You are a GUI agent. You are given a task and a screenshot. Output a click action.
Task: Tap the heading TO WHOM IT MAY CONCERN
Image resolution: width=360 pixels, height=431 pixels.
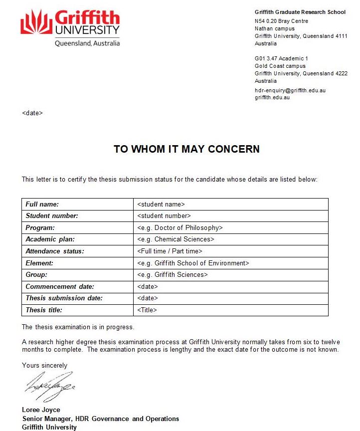pyautogui.click(x=186, y=149)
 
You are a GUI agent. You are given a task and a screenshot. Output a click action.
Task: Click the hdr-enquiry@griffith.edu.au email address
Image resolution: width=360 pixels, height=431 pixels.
pyautogui.click(x=290, y=90)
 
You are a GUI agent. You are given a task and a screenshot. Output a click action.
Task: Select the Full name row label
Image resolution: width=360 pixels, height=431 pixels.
pyautogui.click(x=42, y=204)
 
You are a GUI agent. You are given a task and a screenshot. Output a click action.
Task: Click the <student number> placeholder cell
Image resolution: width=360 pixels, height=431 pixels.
pyautogui.click(x=164, y=216)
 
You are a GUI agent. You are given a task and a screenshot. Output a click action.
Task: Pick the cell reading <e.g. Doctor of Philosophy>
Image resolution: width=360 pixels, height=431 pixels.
pyautogui.click(x=180, y=227)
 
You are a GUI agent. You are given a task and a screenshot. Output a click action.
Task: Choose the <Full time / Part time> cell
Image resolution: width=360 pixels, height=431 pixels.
pyautogui.click(x=170, y=251)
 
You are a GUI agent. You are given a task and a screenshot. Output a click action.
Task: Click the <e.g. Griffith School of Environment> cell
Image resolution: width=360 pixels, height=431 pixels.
pyautogui.click(x=192, y=263)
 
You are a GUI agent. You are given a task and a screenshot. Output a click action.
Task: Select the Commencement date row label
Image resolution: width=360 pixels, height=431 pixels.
pyautogui.click(x=60, y=287)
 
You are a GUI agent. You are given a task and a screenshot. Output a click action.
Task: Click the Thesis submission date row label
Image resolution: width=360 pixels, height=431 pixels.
pyautogui.click(x=64, y=298)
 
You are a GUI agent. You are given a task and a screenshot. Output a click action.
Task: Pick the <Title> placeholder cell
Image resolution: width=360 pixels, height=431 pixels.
pyautogui.click(x=147, y=310)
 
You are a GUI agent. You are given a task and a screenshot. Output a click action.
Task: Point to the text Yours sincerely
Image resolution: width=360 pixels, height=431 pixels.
pyautogui.click(x=44, y=366)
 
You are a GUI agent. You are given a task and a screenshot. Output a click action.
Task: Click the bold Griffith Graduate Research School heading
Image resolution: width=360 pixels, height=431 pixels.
pyautogui.click(x=300, y=12)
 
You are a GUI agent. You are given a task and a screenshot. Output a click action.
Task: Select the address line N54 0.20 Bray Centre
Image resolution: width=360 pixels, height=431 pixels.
pyautogui.click(x=281, y=21)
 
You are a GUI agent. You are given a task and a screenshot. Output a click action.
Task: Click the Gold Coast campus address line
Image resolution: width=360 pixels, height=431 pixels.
pyautogui.click(x=280, y=66)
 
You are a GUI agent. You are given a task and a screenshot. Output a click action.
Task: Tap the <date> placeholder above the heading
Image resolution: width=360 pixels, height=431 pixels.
pyautogui.click(x=32, y=113)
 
